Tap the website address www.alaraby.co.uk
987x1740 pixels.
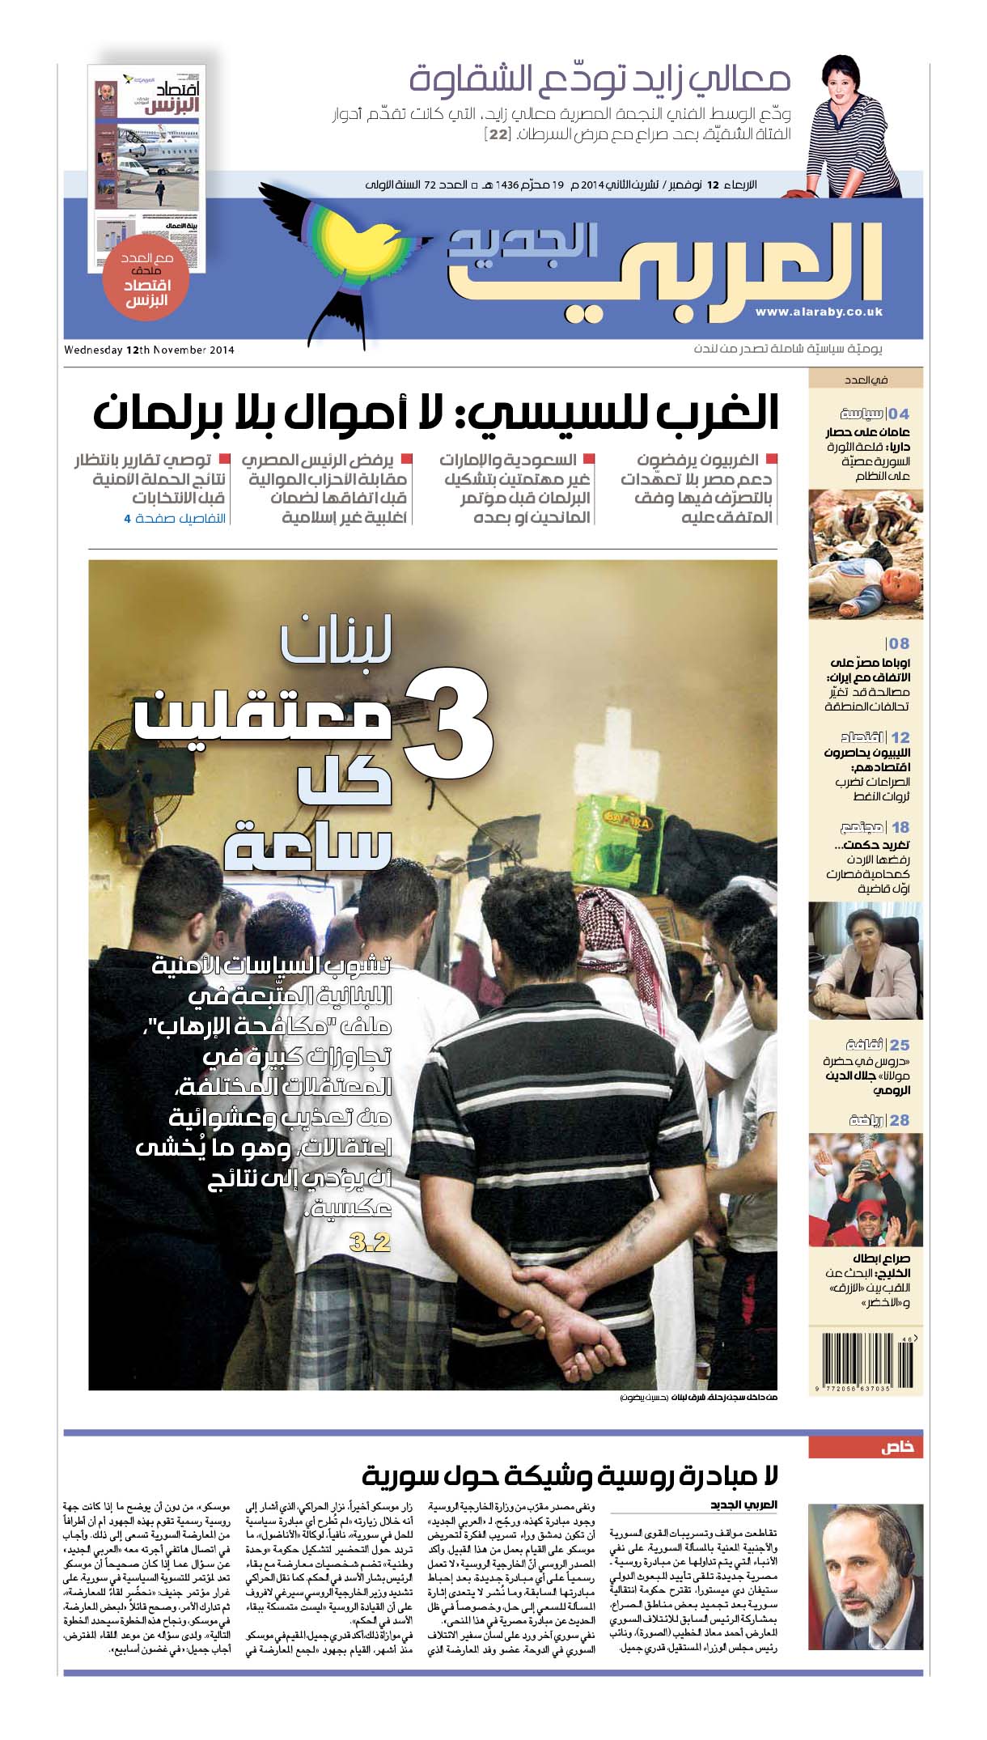pyautogui.click(x=819, y=312)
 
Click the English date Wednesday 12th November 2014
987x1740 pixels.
pyautogui.click(x=149, y=350)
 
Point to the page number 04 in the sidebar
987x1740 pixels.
pyautogui.click(x=899, y=414)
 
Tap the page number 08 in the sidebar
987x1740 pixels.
pyautogui.click(x=899, y=643)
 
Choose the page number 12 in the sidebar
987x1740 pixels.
pyautogui.click(x=900, y=737)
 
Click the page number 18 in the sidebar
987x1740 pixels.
pyautogui.click(x=900, y=827)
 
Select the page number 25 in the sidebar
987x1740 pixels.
pyautogui.click(x=900, y=1045)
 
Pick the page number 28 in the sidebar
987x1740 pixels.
pyautogui.click(x=900, y=1120)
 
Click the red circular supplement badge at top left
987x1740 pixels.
pyautogui.click(x=147, y=285)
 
